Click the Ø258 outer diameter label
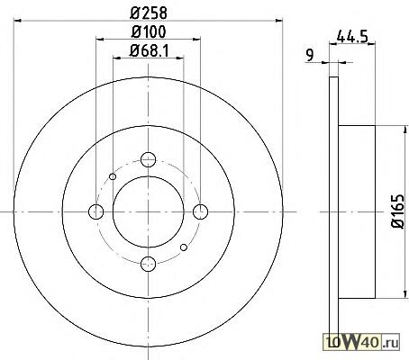point(149,13)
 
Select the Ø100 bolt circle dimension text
point(149,31)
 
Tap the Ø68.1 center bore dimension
point(149,50)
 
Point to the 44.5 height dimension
point(352,37)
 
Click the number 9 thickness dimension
point(309,55)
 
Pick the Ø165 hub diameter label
point(399,211)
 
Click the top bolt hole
point(148,159)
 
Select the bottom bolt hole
point(148,264)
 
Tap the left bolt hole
point(96,211)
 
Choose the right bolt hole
point(200,211)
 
